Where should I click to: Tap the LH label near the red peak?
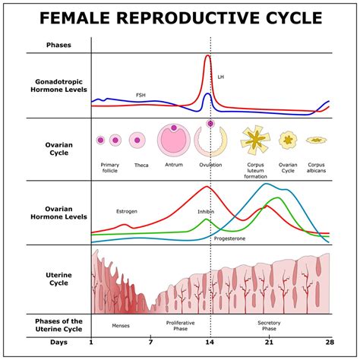pyautogui.click(x=221, y=77)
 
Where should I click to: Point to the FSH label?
pyautogui.click(x=141, y=95)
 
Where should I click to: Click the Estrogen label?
pyautogui.click(x=126, y=212)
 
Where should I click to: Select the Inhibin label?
pyautogui.click(x=206, y=212)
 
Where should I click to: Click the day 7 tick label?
pyautogui.click(x=150, y=343)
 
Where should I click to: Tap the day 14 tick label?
pyautogui.click(x=210, y=343)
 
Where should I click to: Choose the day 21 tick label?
pyautogui.click(x=269, y=343)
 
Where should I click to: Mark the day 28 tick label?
pyautogui.click(x=328, y=343)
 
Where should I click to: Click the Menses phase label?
pyautogui.click(x=120, y=325)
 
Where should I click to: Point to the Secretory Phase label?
pyautogui.click(x=269, y=325)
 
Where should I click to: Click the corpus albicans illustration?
pyautogui.click(x=316, y=141)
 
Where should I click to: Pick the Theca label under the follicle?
pyautogui.click(x=141, y=165)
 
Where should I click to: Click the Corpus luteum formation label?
pyautogui.click(x=255, y=169)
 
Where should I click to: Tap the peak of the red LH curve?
pyautogui.click(x=209, y=55)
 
